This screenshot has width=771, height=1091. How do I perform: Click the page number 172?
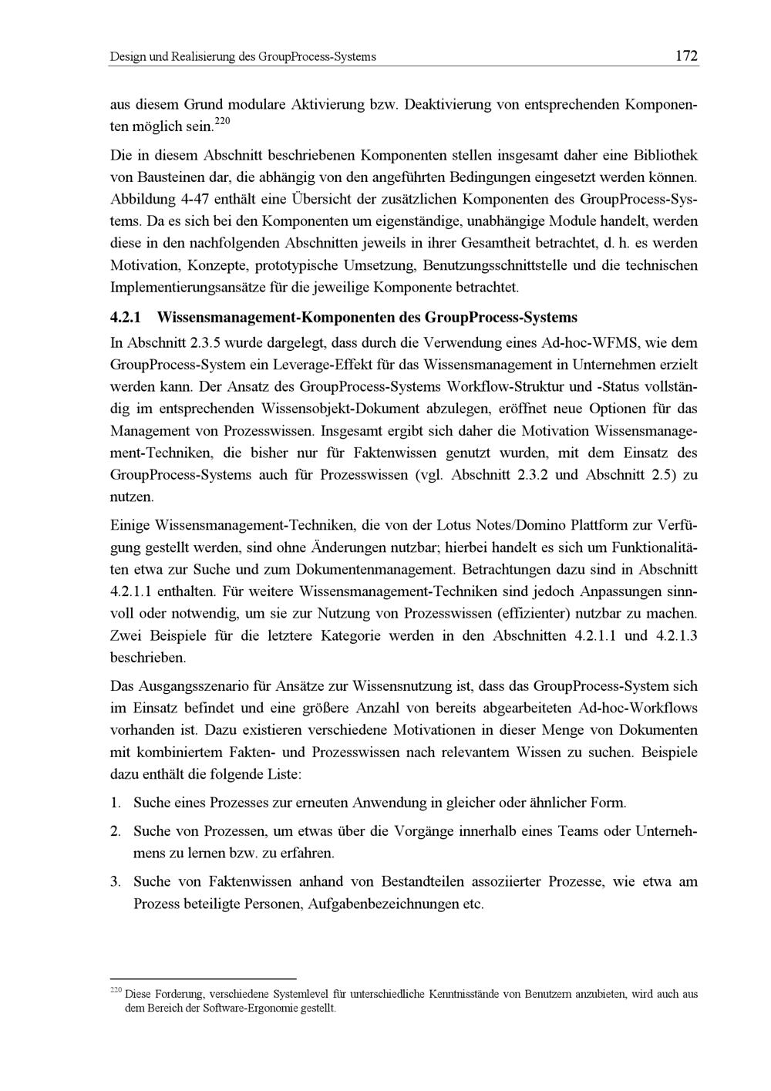(x=685, y=56)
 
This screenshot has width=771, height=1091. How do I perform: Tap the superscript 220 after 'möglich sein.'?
(x=221, y=121)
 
